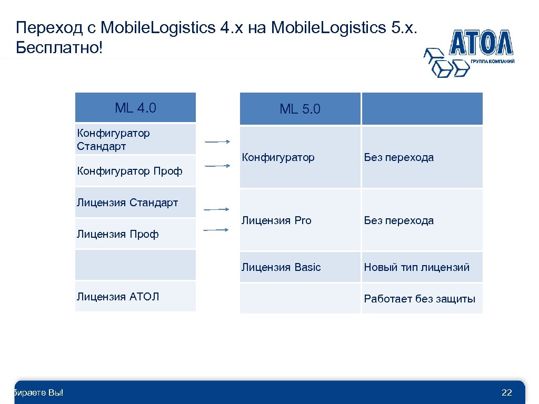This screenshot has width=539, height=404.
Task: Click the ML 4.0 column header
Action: pyautogui.click(x=135, y=108)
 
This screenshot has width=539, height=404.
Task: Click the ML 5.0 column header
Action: pyautogui.click(x=300, y=109)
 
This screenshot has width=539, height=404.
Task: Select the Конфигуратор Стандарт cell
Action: pyautogui.click(x=135, y=139)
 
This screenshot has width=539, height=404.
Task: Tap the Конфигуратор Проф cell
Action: pyautogui.click(x=135, y=171)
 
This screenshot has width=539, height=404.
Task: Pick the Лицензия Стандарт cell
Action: pyautogui.click(x=135, y=203)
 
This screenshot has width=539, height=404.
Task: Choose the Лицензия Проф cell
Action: pyautogui.click(x=135, y=234)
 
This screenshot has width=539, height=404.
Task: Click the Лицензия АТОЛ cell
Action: pyautogui.click(x=135, y=297)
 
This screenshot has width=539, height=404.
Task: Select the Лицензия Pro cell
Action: pyautogui.click(x=300, y=220)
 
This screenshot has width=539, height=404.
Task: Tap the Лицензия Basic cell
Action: pyautogui.click(x=300, y=267)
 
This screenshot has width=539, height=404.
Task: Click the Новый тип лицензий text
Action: pyautogui.click(x=416, y=267)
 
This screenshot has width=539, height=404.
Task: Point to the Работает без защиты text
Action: pyautogui.click(x=420, y=299)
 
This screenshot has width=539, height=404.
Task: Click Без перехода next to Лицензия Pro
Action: pyautogui.click(x=399, y=220)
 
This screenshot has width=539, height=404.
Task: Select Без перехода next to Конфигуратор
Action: pyautogui.click(x=399, y=157)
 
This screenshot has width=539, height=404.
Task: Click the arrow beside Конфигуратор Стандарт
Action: pyautogui.click(x=217, y=142)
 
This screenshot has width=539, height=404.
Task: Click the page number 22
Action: pyautogui.click(x=507, y=392)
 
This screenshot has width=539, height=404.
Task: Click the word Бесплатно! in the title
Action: pyautogui.click(x=61, y=48)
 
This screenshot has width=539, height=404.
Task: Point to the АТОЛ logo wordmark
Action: pyautogui.click(x=481, y=44)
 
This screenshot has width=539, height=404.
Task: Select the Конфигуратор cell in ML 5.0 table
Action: pyautogui.click(x=300, y=157)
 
